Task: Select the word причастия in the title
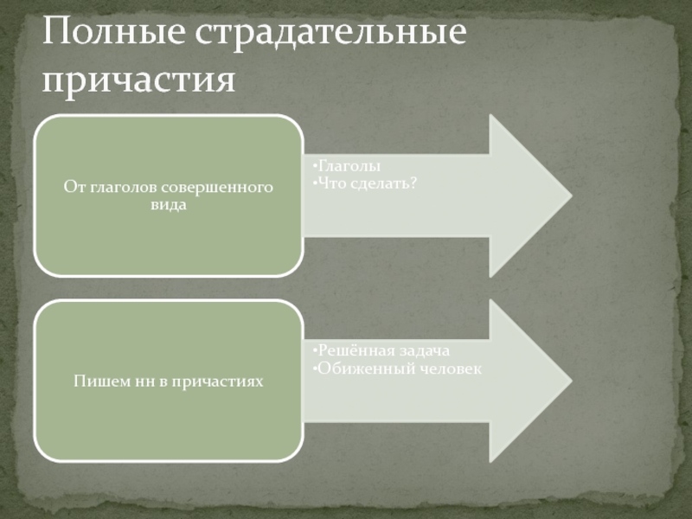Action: coord(138,80)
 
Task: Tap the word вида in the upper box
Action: coord(169,204)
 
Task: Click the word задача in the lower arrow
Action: coord(425,350)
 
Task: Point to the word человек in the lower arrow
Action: coord(448,368)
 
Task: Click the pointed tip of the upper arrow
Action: coord(570,195)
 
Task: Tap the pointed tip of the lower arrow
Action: coord(570,381)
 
